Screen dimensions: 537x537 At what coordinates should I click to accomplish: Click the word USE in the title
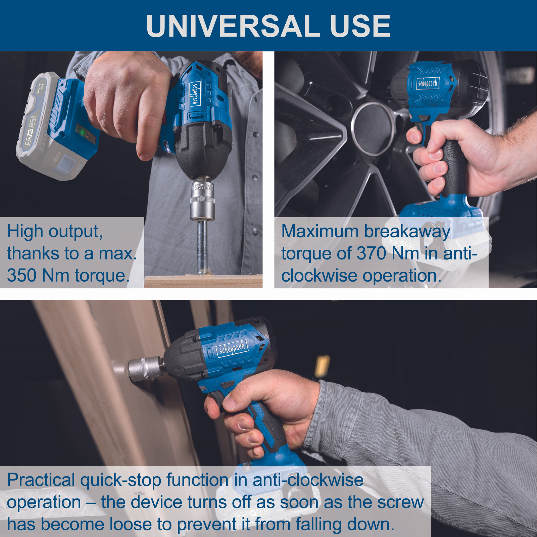click(360, 26)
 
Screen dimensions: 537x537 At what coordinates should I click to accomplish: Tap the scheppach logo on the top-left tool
click(195, 94)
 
